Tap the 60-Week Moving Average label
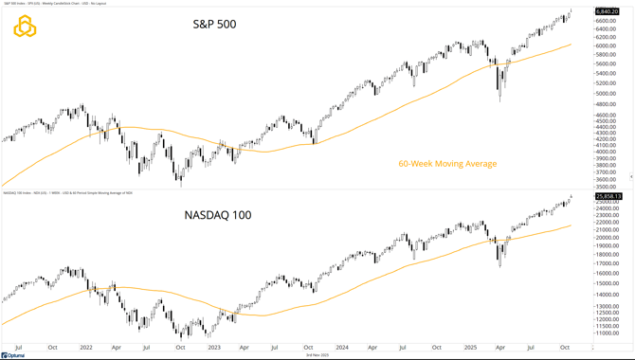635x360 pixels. pos(445,163)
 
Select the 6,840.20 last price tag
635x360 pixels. pos(608,12)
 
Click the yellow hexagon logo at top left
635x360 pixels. pos(25,27)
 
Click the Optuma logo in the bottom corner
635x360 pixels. pos(13,355)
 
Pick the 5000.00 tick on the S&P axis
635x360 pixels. pos(607,94)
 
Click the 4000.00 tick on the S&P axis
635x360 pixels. pos(607,152)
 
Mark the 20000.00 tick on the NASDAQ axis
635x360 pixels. pos(608,238)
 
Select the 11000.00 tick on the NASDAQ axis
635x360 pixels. pos(608,333)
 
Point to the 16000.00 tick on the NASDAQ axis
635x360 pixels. pos(608,274)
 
